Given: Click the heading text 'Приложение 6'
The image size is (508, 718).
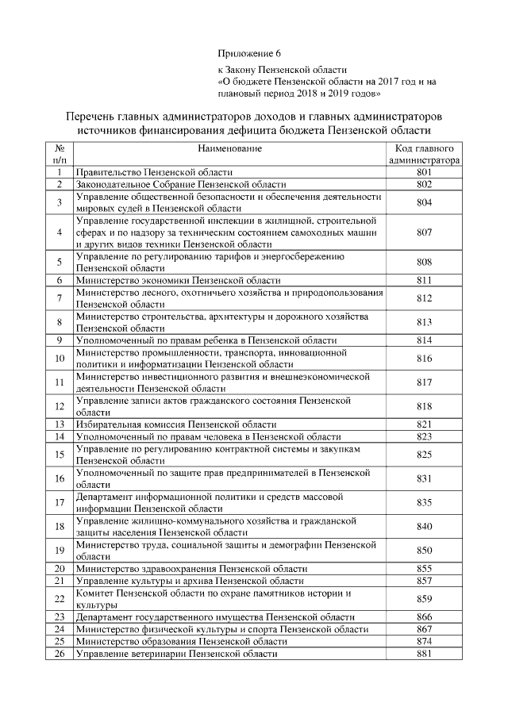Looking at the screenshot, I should point(249,54).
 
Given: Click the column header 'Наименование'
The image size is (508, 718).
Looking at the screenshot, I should point(230,148).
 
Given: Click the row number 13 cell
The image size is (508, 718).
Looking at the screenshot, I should point(59,424).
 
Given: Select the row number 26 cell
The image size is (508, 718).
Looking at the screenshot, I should point(59,654).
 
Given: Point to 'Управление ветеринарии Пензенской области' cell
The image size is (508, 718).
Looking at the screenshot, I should point(176,654).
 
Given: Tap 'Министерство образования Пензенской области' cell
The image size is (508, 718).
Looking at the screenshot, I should point(181,641).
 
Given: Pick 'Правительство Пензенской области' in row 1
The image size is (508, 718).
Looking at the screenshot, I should point(154,172).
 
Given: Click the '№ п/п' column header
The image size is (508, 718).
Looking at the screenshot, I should point(59,154).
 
